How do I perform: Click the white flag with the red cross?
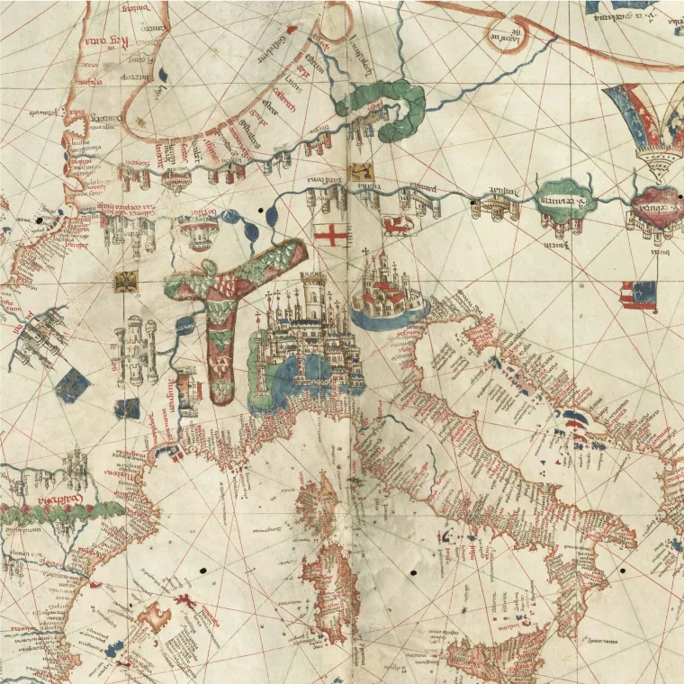330,235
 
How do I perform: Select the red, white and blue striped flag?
637,295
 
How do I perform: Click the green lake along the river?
565,198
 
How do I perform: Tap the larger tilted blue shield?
73,385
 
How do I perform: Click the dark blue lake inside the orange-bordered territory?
162,74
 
